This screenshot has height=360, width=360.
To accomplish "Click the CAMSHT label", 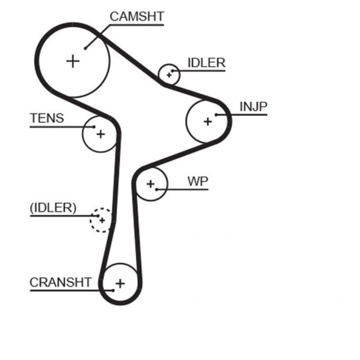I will tap(136, 16).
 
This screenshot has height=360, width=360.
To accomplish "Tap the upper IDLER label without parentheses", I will tap(206, 63).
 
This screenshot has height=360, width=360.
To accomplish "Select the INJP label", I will tap(253, 107).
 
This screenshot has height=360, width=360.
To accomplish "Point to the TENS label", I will tap(47, 118).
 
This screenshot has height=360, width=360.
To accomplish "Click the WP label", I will tap(198, 181).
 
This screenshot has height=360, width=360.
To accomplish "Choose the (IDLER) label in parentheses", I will tap(53, 208).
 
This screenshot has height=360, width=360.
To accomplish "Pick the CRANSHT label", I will tap(60, 282).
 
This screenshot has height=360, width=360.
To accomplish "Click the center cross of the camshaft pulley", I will tap(73, 61).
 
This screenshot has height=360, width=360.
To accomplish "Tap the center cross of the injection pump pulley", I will tap(207, 121).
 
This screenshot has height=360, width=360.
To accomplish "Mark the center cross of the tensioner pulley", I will tap(100, 134).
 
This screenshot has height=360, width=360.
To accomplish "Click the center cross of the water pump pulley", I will tap(150, 184).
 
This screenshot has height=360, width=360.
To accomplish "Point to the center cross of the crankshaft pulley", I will tap(120, 284).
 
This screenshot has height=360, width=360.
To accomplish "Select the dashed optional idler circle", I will tap(100, 220).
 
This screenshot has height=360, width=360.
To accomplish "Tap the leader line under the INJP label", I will tap(245, 115).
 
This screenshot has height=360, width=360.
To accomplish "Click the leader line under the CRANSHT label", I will tap(65, 290).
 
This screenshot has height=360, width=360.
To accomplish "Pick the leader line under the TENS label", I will tap(60, 126).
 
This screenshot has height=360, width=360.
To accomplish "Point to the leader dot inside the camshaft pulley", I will tap(86, 48).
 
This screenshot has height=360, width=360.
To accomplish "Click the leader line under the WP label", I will tap(185, 189).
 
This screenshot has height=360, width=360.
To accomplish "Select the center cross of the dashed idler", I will tap(101, 220).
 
